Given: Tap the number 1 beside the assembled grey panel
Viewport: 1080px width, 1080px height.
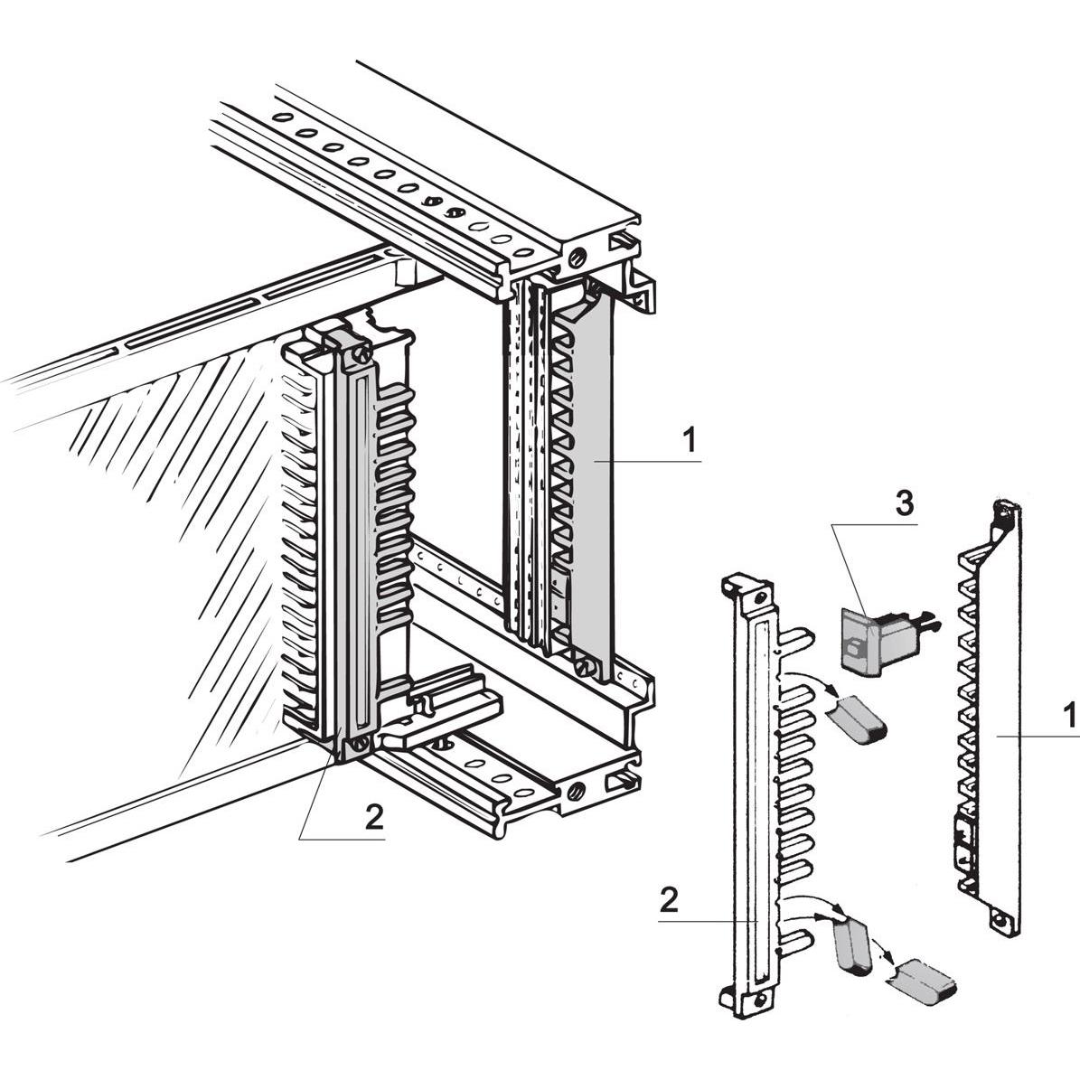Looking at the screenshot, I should tap(690, 442).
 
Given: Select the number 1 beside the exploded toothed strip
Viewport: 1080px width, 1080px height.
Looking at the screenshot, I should tap(1069, 717).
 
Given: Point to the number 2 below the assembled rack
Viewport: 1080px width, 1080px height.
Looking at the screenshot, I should tap(373, 816).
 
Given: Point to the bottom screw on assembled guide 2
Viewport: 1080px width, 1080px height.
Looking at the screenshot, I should tap(362, 745).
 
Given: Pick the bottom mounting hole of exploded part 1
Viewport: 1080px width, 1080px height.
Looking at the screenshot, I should tap(1000, 923).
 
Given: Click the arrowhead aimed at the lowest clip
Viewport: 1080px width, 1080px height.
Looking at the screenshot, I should tap(894, 963).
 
